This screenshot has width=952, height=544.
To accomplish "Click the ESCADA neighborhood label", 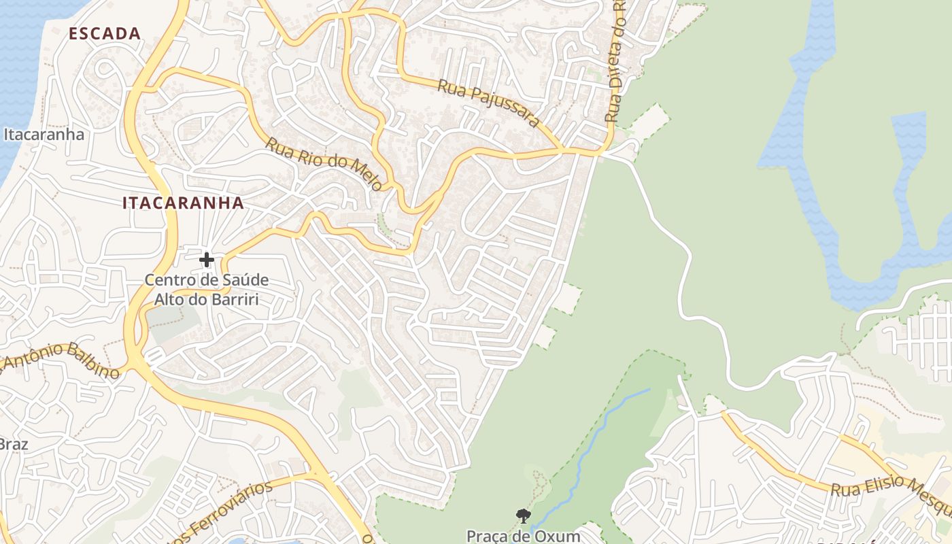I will [105, 33].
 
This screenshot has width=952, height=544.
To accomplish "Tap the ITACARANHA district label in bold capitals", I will [183, 203].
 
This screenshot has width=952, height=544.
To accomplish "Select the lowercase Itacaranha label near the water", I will [44, 134].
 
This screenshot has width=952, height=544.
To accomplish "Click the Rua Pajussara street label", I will [488, 104].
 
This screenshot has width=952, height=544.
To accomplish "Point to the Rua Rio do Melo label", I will [323, 164].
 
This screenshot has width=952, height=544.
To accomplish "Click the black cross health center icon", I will [207, 259].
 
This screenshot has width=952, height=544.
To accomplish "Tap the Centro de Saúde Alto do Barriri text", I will [207, 289].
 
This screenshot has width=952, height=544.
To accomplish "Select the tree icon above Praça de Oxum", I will [522, 516].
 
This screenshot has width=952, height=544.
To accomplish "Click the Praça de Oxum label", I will [523, 536].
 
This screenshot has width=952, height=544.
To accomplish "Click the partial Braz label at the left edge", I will [13, 444].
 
